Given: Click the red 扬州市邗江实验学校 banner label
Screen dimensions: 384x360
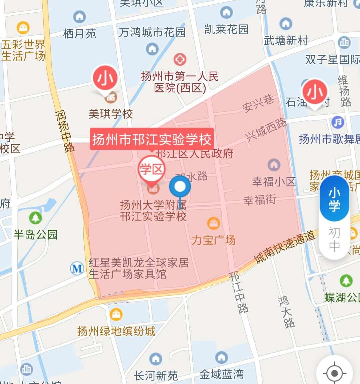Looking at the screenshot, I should coord(152,139).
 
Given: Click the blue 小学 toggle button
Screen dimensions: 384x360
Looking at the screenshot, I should coord(334,199).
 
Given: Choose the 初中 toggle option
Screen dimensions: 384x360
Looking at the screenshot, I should coord(334,239).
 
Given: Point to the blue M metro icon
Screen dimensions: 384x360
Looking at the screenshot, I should coord(77,268).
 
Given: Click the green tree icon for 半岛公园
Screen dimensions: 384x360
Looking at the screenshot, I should coord(35,218).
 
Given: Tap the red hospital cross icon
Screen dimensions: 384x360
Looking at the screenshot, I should coord(180,60).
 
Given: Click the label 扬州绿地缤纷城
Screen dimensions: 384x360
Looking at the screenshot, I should coord(116,331).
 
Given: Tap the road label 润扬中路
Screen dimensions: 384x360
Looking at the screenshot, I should coord(65,132).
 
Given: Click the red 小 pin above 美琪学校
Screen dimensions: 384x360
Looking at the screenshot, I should coord(105,79).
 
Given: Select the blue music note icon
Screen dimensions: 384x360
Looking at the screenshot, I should coord(338,122).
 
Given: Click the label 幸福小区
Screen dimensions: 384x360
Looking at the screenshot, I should coord(274,181).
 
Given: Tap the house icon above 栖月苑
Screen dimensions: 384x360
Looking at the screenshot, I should coord(80,17).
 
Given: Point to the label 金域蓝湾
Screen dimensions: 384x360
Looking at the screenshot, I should coord(221,374).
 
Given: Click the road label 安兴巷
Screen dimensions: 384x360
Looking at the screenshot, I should coord(258,103).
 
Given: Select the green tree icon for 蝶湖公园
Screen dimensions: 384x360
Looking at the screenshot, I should coord(346,281).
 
